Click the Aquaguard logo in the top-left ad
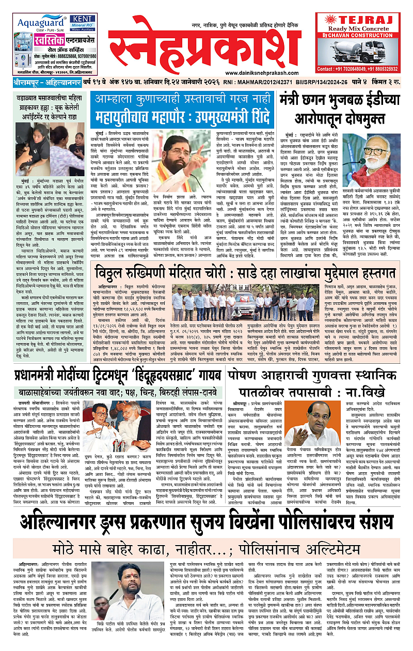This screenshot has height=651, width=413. coord(39,23)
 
